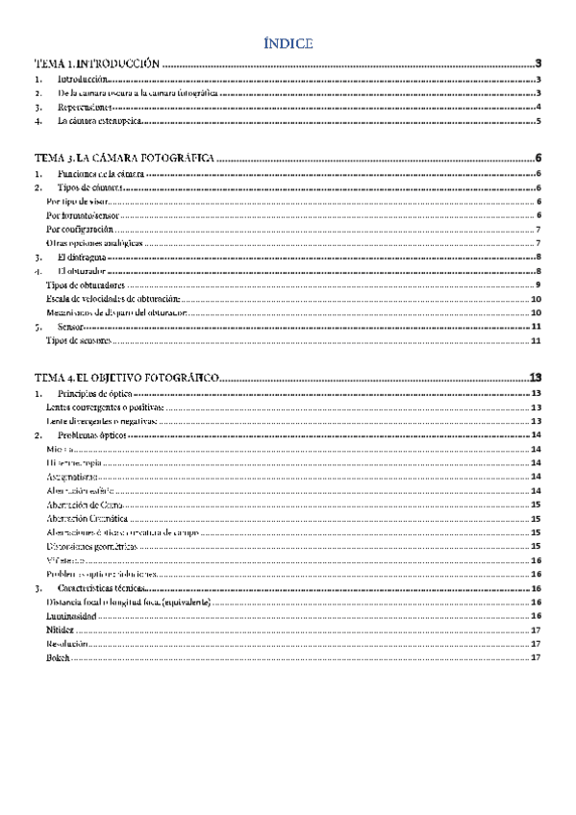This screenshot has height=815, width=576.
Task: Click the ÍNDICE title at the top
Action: point(288,43)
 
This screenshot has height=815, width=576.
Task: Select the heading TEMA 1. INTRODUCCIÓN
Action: point(96,62)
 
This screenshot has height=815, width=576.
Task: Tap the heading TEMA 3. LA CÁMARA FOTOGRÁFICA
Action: point(123,159)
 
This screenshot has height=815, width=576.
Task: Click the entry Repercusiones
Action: point(85,108)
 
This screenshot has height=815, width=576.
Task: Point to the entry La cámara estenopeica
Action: point(100,122)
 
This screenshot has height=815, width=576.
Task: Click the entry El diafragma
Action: point(81,258)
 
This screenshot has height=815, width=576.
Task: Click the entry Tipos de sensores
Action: point(79,341)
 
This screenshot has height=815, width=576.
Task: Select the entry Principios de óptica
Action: point(94,394)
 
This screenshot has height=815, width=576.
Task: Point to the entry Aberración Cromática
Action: point(88,518)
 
